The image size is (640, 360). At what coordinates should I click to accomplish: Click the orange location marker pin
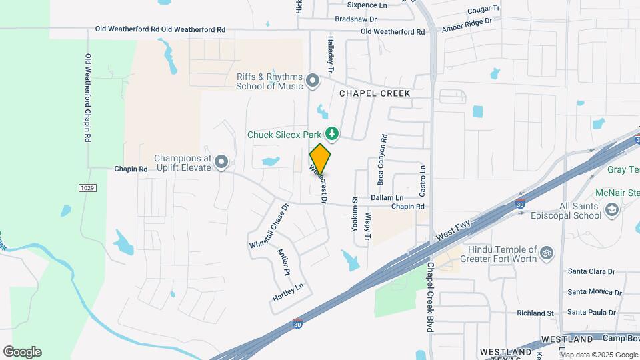[320, 159]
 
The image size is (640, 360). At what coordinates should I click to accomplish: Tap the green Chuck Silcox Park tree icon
[332, 134]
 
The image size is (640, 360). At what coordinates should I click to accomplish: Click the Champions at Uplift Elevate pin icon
[221, 162]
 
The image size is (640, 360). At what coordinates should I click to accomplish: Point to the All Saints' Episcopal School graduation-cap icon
[611, 211]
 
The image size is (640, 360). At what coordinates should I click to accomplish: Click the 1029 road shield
[87, 188]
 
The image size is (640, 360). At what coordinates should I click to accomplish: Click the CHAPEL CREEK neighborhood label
[375, 93]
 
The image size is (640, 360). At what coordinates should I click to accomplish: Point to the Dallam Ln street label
[387, 198]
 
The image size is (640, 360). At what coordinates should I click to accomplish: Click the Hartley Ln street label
[288, 291]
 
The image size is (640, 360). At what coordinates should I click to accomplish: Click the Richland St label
[535, 313]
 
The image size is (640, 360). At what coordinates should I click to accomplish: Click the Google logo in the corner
[22, 352]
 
